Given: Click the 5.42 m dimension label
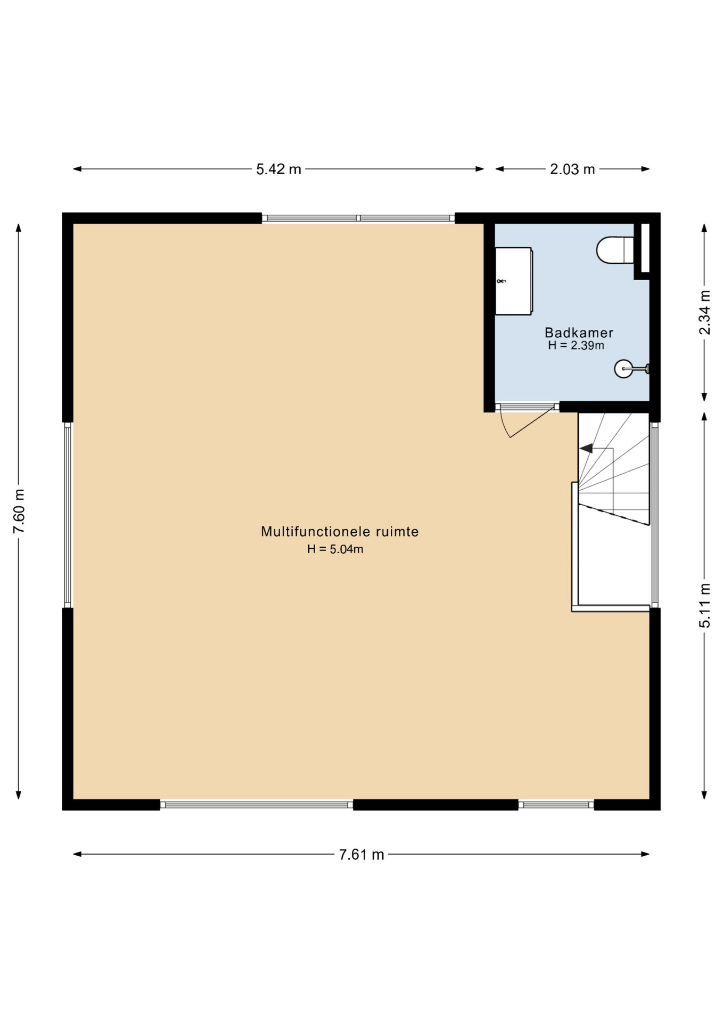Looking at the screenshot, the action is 278,169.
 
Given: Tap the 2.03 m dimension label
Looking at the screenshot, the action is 572,169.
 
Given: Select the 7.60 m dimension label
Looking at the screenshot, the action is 19,510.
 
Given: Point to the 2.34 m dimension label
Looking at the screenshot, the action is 704,312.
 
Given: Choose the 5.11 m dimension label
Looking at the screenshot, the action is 704,605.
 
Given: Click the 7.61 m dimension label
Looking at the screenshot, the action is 361,855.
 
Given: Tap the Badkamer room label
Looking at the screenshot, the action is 579,332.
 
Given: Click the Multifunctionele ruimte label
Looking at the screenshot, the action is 340,531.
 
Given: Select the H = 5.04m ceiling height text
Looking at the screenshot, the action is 335,549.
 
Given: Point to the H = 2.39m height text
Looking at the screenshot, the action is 576,345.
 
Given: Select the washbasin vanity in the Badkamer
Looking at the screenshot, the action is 514,281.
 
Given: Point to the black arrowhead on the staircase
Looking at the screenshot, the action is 586,449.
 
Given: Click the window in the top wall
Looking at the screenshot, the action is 358,218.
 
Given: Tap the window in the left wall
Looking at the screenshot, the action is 68,515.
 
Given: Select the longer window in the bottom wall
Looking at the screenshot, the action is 257,805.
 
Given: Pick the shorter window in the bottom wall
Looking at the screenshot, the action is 556,805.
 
